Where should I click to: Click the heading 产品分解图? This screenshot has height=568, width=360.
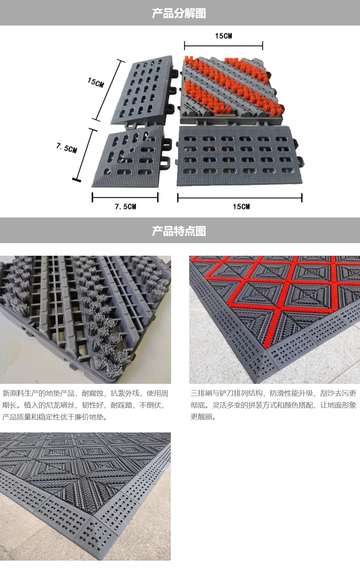179,13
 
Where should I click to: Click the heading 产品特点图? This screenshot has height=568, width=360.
179,231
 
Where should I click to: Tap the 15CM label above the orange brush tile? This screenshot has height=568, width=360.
224,36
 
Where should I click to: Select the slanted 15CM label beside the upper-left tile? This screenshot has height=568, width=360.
96,82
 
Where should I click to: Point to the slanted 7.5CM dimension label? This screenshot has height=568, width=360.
67,148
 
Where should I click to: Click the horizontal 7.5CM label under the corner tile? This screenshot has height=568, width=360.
125,207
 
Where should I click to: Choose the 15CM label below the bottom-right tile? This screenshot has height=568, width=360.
241,207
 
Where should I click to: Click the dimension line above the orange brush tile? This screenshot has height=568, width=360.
224,46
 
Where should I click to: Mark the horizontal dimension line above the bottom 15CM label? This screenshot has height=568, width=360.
240,197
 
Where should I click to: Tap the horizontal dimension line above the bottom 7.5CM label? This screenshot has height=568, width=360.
125,197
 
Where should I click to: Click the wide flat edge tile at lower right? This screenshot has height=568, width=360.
240,156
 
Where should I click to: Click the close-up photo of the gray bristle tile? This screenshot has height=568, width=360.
85,319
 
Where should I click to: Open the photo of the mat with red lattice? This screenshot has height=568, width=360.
275,319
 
